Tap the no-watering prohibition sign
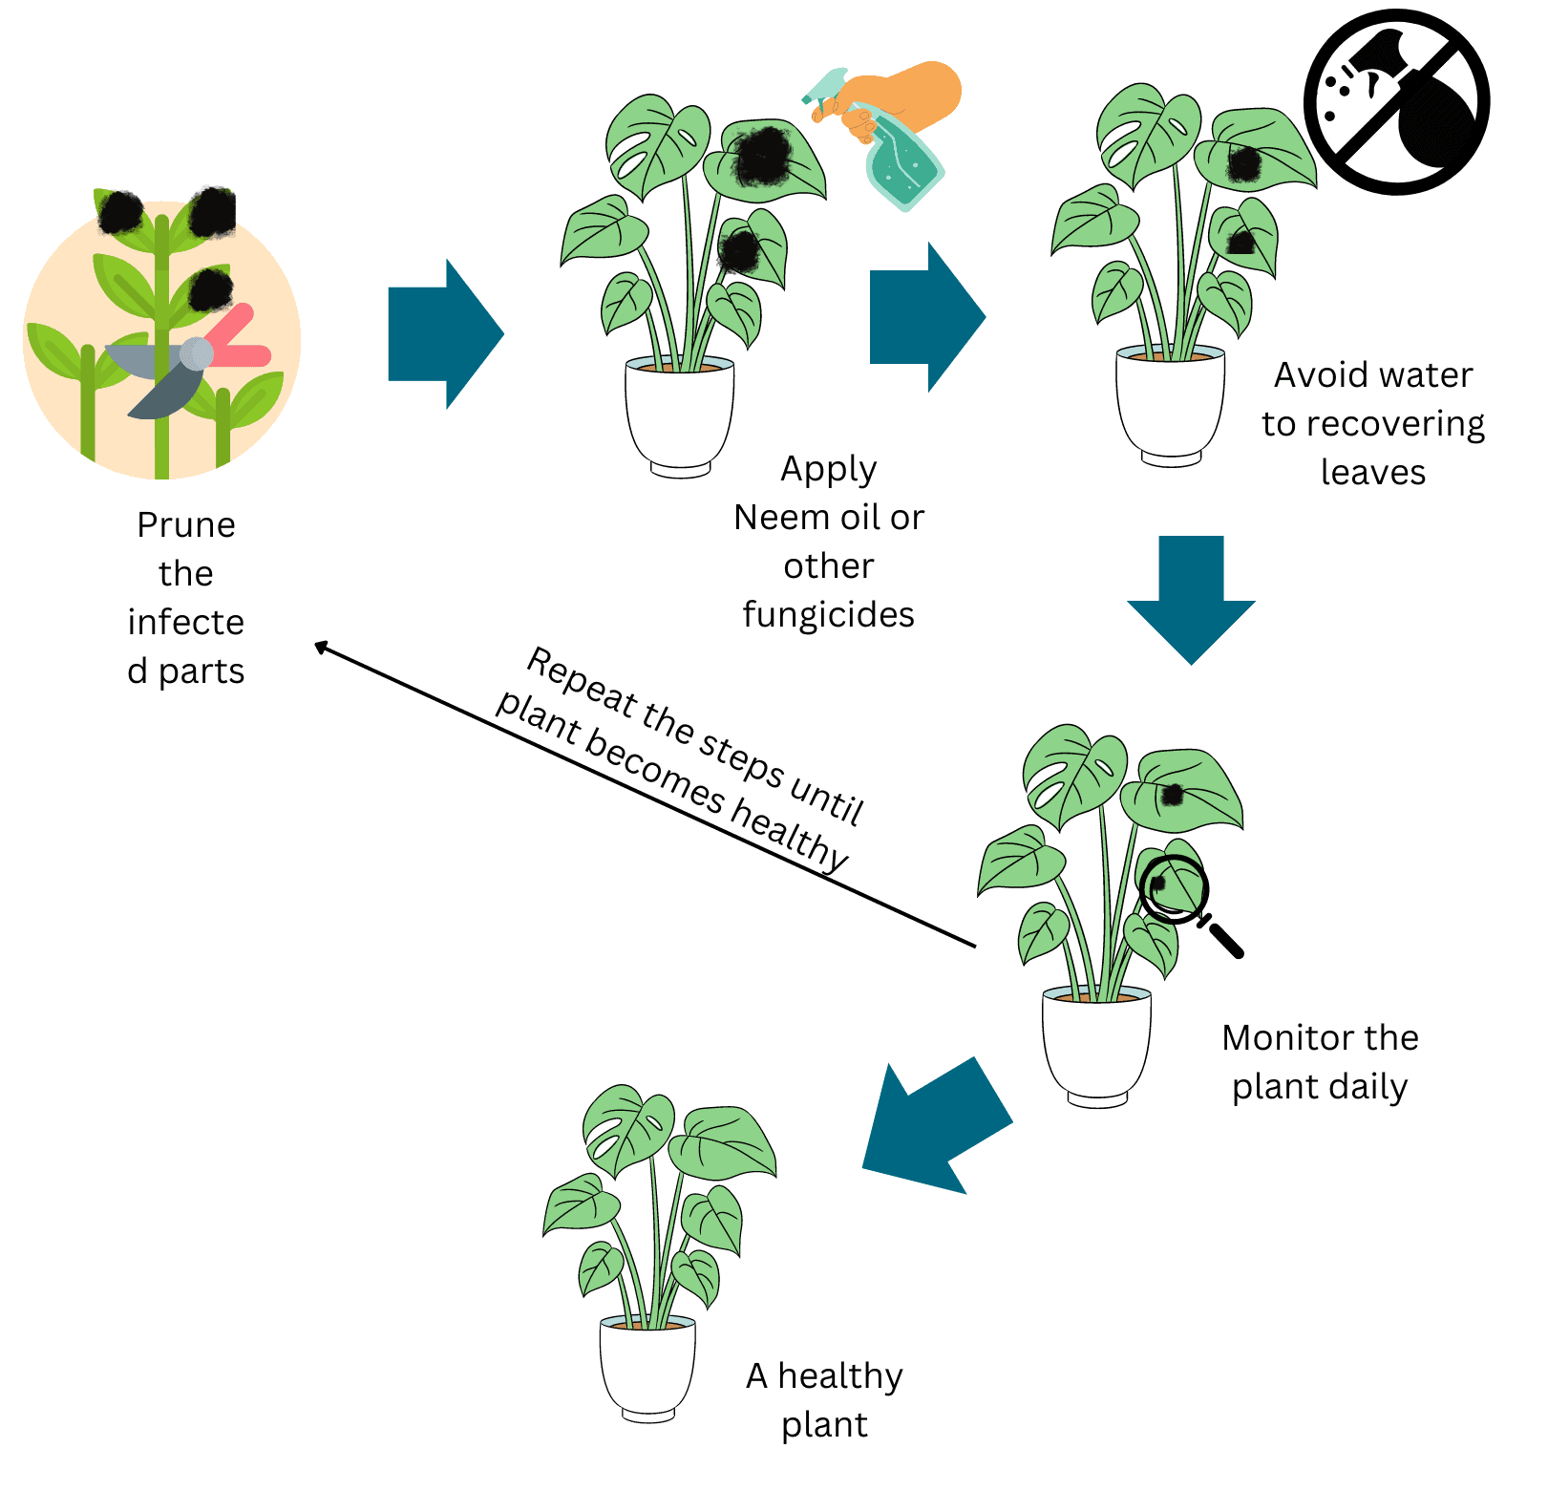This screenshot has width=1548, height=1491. coord(1397,102)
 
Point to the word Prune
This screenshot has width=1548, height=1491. coord(186,525)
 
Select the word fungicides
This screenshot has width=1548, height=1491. coord(829,615)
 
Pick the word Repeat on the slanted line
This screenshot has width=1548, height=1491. coord(582,681)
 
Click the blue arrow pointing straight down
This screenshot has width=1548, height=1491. coord(1191,600)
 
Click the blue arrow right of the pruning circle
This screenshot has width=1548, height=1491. coord(446,334)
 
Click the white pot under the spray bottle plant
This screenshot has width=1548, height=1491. coord(680,416)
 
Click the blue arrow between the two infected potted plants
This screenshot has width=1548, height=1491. coord(927,317)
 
